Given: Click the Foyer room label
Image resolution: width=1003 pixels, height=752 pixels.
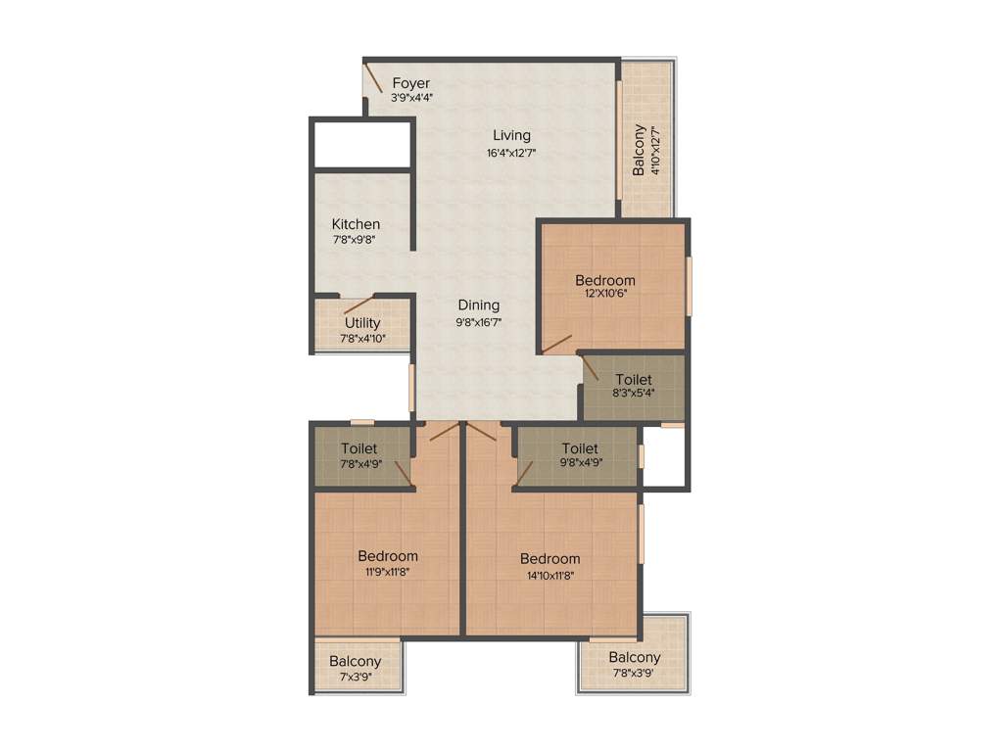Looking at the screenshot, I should [x=411, y=83].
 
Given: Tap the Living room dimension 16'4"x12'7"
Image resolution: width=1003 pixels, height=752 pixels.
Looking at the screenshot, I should [x=511, y=153].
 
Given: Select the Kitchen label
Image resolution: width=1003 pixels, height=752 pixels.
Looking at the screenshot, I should [x=356, y=224].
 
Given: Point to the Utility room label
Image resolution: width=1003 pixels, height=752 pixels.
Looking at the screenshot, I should [x=362, y=323].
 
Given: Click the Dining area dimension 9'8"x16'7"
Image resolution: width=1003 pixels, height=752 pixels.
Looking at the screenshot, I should [x=479, y=322].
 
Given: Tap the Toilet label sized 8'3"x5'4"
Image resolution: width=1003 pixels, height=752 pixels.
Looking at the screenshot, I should [x=634, y=379].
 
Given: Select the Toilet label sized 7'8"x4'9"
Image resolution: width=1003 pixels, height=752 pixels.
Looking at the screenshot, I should [x=359, y=448].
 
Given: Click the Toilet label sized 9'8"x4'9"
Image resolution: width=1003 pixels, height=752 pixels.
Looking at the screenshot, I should [x=580, y=448].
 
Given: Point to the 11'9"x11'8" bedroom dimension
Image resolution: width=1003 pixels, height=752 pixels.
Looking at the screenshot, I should [x=388, y=573].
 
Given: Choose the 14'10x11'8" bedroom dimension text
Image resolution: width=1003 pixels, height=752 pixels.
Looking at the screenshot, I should [x=549, y=576].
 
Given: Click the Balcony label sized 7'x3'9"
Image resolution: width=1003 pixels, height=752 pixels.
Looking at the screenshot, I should [x=356, y=661].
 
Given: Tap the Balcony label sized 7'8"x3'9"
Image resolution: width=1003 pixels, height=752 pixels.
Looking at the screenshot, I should [x=635, y=657].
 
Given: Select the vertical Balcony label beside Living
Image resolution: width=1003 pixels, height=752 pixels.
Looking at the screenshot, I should [x=640, y=150].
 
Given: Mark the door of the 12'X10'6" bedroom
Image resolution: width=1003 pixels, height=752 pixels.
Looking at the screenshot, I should [x=557, y=344].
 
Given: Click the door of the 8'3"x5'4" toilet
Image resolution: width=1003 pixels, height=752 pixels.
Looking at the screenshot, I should [x=591, y=368].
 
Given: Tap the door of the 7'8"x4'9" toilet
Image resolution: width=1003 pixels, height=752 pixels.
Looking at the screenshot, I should [x=402, y=472].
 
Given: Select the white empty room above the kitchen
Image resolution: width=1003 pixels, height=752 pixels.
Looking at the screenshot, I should [x=360, y=144].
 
